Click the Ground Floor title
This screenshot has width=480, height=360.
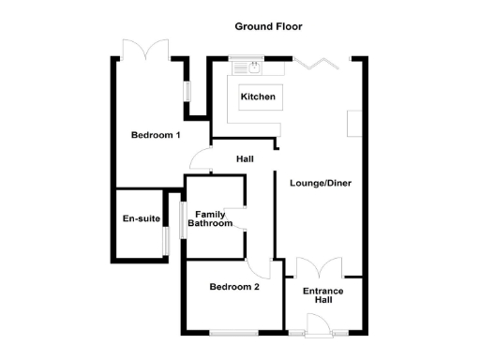click(x=268, y=26)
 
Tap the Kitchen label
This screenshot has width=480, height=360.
click(x=258, y=97)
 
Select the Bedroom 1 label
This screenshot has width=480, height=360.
click(x=156, y=136)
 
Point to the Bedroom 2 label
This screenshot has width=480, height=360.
click(x=234, y=287)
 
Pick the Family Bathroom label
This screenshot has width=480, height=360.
click(x=210, y=218)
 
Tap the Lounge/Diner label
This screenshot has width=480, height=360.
click(x=321, y=183)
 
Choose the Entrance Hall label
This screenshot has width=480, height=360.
click(x=323, y=296)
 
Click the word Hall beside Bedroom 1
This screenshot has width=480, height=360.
click(x=245, y=159)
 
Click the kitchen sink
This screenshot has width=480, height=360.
click(x=252, y=66)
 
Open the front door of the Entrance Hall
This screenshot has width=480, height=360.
click(x=318, y=324)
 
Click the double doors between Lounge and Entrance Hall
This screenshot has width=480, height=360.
click(x=320, y=267)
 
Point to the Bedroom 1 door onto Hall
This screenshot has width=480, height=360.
click(x=200, y=160)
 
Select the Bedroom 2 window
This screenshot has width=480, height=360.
click(x=232, y=333)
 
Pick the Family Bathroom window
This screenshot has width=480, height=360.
click(x=182, y=217)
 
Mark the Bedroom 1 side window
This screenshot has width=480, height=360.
click(x=186, y=93)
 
